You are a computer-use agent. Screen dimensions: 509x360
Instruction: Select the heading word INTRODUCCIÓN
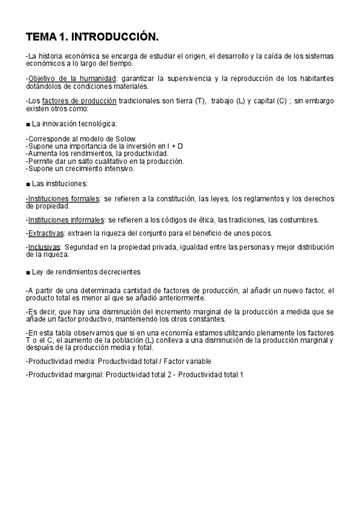pyautogui.click(x=115, y=38)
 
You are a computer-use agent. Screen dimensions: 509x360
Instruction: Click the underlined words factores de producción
pyautogui.click(x=79, y=101)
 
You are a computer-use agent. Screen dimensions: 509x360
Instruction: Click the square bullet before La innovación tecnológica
pyautogui.click(x=28, y=124)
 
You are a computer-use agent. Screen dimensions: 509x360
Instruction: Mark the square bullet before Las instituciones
pyautogui.click(x=28, y=183)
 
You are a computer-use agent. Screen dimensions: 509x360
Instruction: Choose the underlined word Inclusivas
pyautogui.click(x=44, y=247)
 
